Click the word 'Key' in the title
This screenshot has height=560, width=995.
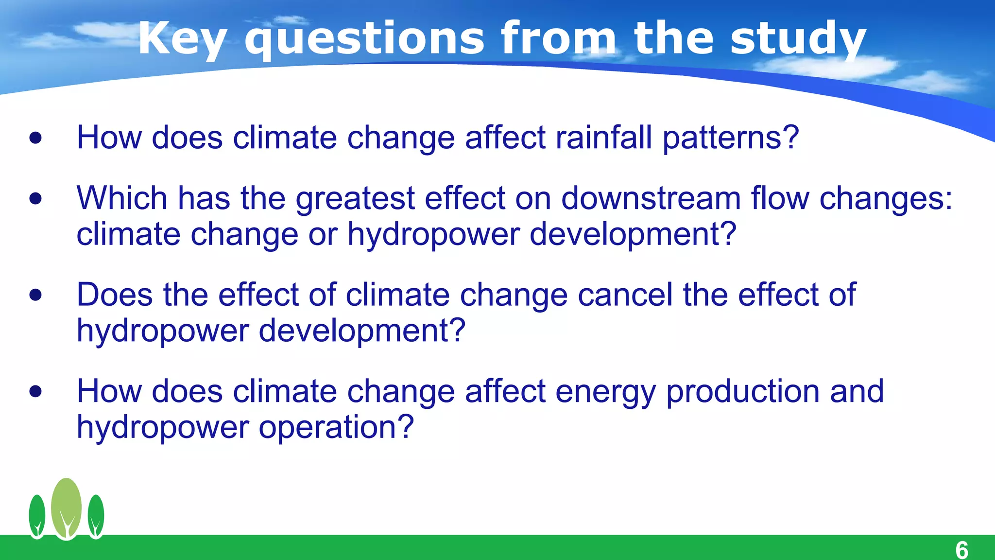click(x=182, y=39)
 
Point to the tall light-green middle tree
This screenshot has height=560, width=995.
click(x=67, y=508)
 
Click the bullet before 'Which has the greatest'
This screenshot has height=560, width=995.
click(x=35, y=198)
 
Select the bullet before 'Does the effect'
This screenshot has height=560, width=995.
click(x=35, y=295)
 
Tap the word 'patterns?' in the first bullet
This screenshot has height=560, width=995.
click(x=731, y=138)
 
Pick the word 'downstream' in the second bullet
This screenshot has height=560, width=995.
click(x=651, y=198)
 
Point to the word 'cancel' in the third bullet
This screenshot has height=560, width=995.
click(x=625, y=295)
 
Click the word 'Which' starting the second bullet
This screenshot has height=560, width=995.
click(x=122, y=198)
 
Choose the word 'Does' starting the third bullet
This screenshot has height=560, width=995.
click(x=115, y=295)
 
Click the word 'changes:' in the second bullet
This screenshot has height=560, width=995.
click(x=886, y=199)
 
